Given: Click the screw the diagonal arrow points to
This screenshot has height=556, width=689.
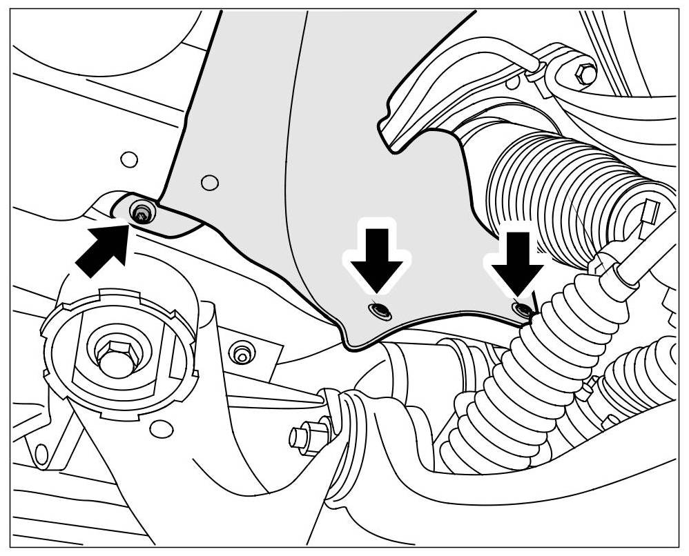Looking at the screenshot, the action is coord(142,213).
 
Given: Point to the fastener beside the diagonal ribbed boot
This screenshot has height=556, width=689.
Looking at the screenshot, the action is coord(521,309).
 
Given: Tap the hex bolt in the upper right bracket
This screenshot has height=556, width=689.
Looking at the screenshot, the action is coord(584,74).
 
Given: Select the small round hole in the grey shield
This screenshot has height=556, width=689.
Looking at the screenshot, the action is coord(210,183).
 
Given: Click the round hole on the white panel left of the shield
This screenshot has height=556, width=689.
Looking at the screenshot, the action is coord(128,160).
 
